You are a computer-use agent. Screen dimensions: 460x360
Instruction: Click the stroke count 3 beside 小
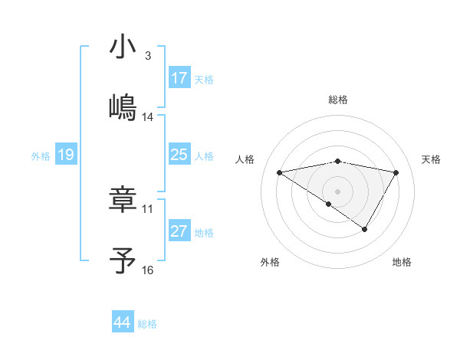click(x=148, y=56)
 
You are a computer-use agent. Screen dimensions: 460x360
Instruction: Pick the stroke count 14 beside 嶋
click(x=148, y=117)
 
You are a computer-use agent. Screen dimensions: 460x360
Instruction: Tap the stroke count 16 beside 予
click(x=148, y=270)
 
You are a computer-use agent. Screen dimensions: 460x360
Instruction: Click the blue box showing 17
click(x=179, y=78)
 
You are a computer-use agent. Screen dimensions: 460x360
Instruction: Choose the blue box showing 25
click(x=179, y=155)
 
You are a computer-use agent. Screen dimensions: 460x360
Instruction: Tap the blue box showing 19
click(x=66, y=155)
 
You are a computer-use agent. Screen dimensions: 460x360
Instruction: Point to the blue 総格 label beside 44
click(x=147, y=324)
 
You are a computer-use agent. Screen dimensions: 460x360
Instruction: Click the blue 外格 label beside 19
click(x=41, y=156)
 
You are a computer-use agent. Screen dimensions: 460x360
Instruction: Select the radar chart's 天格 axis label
click(x=431, y=159)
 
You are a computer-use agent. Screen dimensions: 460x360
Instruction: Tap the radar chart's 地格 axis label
click(x=402, y=262)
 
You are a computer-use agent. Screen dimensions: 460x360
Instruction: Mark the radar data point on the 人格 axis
click(x=280, y=173)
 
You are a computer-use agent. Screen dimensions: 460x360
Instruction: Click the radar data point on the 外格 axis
click(x=329, y=204)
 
